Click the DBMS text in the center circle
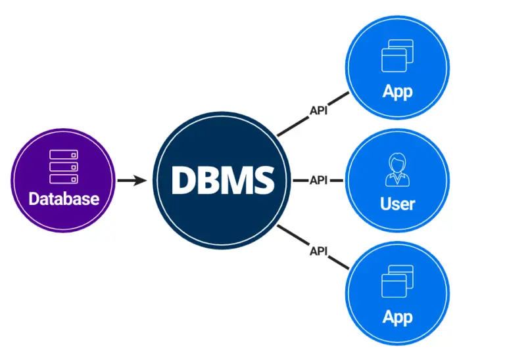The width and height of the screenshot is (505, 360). tap(222, 179)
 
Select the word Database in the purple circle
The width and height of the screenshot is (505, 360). tap(64, 198)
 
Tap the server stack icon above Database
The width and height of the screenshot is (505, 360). tap(64, 166)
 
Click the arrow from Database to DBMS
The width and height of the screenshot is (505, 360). tap(132, 179)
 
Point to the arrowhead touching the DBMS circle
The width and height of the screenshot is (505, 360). tap(144, 179)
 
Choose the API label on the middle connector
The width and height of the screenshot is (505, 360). tap(318, 180)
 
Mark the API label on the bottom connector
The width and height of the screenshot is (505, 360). tap(318, 250)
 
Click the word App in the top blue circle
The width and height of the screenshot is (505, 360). tap(397, 91)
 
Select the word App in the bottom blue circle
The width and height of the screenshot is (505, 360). tap(397, 317)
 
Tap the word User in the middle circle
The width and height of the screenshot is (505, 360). tap(397, 204)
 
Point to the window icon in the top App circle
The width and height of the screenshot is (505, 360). tap(397, 56)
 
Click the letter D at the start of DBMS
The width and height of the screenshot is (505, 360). tap(183, 179)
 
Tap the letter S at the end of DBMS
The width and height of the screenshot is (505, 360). tap(263, 179)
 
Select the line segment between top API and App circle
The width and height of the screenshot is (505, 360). tap(338, 99)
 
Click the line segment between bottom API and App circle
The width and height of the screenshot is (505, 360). tap(338, 261)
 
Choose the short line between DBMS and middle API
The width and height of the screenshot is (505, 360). tap(299, 180)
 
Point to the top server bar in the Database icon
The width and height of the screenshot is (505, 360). tap(64, 155)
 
